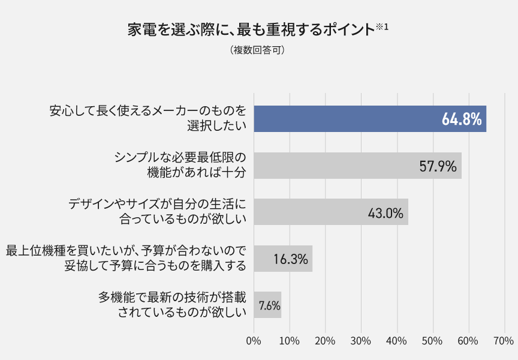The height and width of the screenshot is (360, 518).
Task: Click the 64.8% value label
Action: pyautogui.click(x=462, y=119)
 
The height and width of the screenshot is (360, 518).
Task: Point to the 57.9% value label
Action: pyautogui.click(x=438, y=166)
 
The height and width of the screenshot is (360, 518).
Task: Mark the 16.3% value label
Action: pyautogui.click(x=291, y=259)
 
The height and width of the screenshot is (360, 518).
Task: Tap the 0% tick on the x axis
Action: pyautogui.click(x=254, y=341)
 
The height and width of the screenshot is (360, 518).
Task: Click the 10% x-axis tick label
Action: pyautogui.click(x=290, y=341)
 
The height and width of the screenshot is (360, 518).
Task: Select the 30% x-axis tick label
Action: pyautogui.click(x=361, y=341)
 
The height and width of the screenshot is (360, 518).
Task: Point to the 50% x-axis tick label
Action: pyautogui.click(x=432, y=341)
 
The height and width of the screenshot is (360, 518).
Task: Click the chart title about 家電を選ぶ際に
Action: pyautogui.click(x=251, y=29)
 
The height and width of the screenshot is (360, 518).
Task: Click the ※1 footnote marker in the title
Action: pyautogui.click(x=383, y=25)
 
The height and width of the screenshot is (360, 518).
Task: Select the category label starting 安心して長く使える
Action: pyautogui.click(x=148, y=118)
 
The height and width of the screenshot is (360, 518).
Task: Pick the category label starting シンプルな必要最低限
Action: pyautogui.click(x=180, y=165)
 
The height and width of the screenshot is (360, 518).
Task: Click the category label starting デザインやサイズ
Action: pyautogui.click(x=158, y=212)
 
